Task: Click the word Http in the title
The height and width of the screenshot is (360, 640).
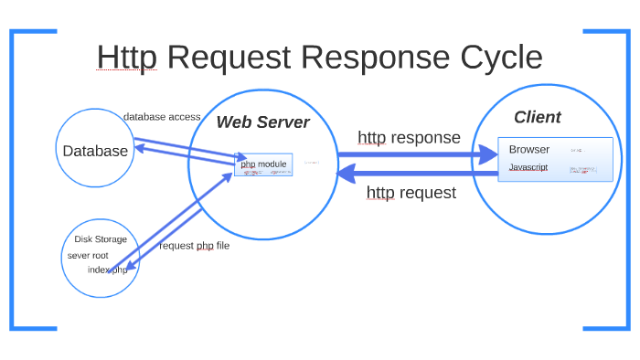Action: pyautogui.click(x=126, y=58)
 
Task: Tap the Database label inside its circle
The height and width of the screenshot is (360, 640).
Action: pyautogui.click(x=95, y=151)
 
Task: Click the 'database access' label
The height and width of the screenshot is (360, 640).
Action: pyautogui.click(x=162, y=117)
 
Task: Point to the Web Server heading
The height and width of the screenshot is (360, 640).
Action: pyautogui.click(x=262, y=122)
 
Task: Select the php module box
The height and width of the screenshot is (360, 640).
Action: pyautogui.click(x=263, y=164)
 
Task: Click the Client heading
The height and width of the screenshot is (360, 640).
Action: pyautogui.click(x=537, y=117)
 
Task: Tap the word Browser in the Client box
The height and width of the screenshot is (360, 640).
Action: pyautogui.click(x=529, y=149)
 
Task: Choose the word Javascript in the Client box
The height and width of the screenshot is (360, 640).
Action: pyautogui.click(x=528, y=168)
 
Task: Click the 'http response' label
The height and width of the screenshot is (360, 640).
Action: pyautogui.click(x=409, y=138)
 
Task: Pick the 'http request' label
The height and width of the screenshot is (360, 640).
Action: pyautogui.click(x=411, y=193)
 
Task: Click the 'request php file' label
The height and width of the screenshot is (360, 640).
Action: pyautogui.click(x=195, y=246)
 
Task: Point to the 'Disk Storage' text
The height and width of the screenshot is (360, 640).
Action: pyautogui.click(x=101, y=239)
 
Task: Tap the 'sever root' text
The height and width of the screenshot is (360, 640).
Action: pyautogui.click(x=88, y=255)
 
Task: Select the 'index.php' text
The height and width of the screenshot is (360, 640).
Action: pyautogui.click(x=108, y=270)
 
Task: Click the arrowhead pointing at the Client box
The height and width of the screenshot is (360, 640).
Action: pyautogui.click(x=489, y=156)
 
